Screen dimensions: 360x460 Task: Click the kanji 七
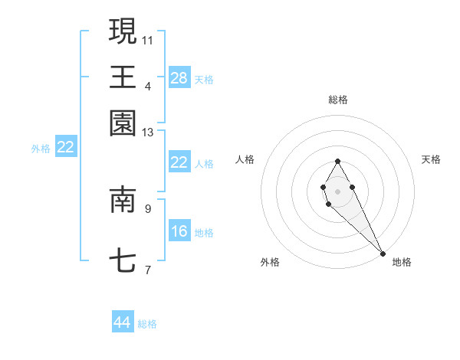tap(123, 262)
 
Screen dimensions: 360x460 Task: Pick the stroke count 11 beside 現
tap(148, 40)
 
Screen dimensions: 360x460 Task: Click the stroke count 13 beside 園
tap(148, 133)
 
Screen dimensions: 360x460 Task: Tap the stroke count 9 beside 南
tap(148, 208)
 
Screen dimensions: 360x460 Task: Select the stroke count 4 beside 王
tap(148, 86)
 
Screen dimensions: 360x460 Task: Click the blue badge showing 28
tap(179, 77)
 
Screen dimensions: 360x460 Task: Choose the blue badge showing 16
tap(179, 231)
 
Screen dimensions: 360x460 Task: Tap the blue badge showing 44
tap(123, 322)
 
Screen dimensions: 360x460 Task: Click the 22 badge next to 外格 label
tap(66, 147)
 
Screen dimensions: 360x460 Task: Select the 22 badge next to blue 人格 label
tap(179, 162)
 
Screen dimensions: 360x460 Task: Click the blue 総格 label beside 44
tap(147, 324)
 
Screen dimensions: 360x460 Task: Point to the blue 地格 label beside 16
tap(204, 233)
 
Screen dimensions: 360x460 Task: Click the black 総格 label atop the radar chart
tap(337, 100)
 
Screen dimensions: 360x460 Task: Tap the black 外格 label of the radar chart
tap(270, 262)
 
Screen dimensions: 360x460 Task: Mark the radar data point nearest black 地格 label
tap(383, 253)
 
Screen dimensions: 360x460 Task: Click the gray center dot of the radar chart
tap(337, 190)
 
